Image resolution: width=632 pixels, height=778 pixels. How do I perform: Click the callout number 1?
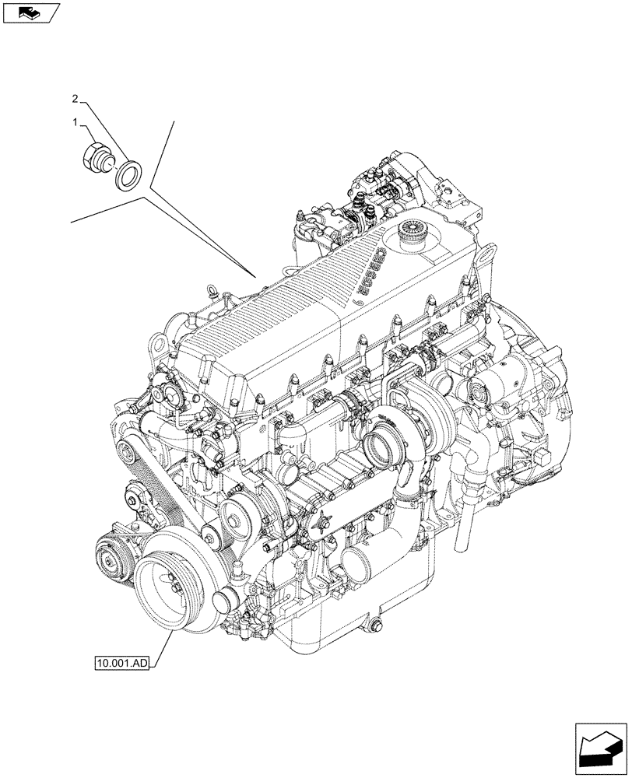click(75, 122)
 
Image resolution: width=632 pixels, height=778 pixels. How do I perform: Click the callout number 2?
click(75, 99)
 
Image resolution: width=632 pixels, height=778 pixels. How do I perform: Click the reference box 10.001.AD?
click(121, 664)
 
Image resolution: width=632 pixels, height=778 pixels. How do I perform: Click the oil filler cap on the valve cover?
click(409, 230)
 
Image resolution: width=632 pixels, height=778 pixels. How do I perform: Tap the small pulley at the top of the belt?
click(128, 449)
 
